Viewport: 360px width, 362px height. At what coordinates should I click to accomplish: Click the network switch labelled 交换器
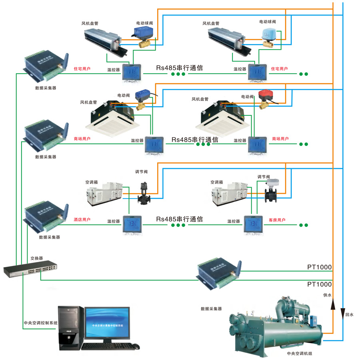pos(30,269)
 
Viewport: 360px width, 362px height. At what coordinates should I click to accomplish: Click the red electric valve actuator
pos(266,95)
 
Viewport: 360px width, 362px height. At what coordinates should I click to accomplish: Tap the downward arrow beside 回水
pos(343,312)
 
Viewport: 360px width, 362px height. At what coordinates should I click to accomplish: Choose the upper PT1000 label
pos(319,267)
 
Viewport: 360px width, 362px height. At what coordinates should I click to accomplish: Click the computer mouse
pos(136,346)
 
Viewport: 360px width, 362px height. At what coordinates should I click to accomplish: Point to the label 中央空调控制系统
pos(40,323)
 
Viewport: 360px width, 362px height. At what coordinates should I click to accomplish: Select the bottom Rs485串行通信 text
pos(179,219)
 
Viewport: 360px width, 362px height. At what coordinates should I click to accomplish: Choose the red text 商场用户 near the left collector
pos(82,139)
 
